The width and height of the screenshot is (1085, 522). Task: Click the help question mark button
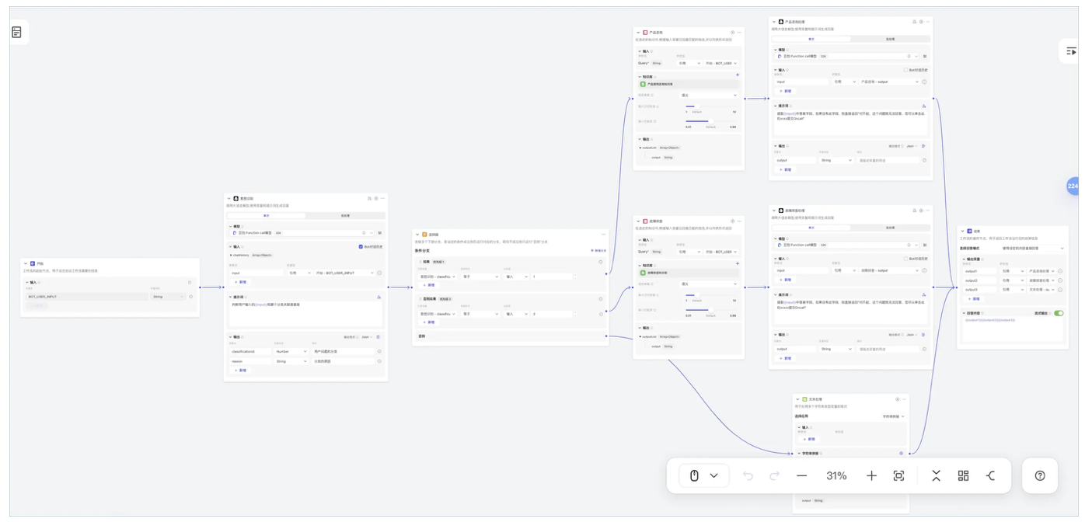[x=1040, y=475]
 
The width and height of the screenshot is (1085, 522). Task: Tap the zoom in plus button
[x=871, y=475]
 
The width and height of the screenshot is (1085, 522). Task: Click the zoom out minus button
[x=802, y=475]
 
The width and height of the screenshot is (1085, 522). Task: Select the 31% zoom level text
[x=836, y=475]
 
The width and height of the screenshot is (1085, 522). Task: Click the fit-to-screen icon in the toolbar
[x=899, y=475]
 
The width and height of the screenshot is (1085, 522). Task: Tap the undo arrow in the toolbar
[x=748, y=475]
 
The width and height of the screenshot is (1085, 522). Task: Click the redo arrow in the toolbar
[x=774, y=475]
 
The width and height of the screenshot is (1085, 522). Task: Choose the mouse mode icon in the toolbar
[x=695, y=475]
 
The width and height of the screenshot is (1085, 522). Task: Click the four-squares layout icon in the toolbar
[x=964, y=475]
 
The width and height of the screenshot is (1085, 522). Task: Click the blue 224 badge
[x=1073, y=186]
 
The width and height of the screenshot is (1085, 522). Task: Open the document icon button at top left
[x=17, y=32]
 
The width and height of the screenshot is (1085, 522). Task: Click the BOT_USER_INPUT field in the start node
[x=85, y=296]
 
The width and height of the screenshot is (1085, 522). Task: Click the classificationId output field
[x=249, y=351]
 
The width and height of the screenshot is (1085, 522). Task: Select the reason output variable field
[x=249, y=361]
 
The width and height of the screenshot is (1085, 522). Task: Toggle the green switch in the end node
[x=1059, y=313]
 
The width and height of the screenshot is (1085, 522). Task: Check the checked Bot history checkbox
[x=361, y=247]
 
